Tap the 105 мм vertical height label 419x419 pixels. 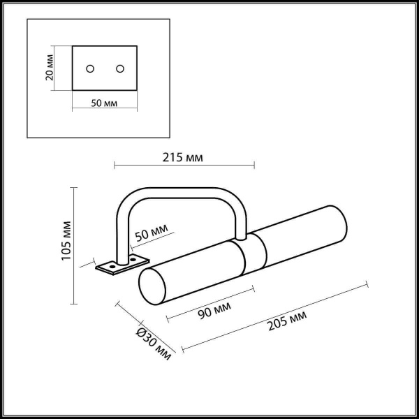(x=67, y=240)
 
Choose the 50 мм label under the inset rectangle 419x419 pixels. (x=105, y=103)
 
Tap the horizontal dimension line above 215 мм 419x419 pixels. (x=184, y=166)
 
